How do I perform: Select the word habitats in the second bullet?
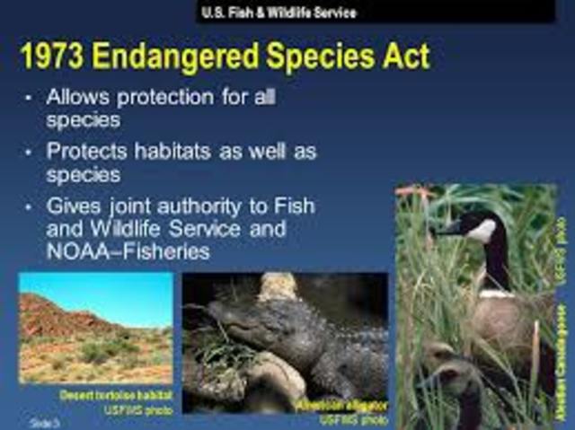(179, 152)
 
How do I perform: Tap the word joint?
(131, 206)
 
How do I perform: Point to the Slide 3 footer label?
(41, 420)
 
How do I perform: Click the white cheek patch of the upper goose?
(482, 231)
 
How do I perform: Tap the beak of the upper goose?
(447, 228)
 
